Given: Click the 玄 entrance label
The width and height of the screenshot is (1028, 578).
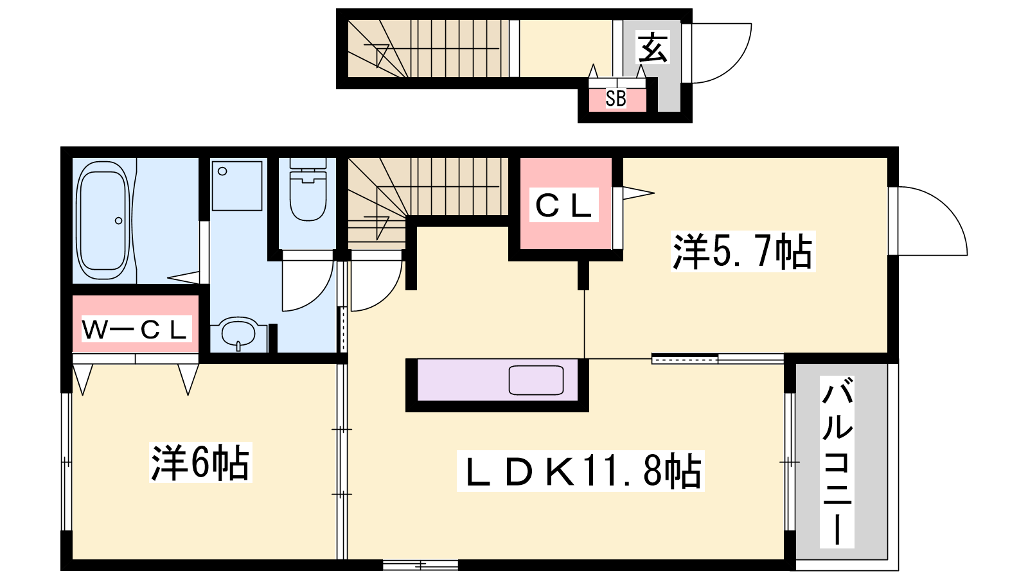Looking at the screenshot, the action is [653, 48].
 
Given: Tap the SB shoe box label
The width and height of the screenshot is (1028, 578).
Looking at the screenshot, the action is [616, 99].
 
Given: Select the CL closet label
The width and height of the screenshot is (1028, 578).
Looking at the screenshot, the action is [563, 205].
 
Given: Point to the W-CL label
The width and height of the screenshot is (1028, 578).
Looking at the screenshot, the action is [136, 328].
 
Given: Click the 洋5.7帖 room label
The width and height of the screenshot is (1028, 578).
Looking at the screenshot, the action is [743, 251].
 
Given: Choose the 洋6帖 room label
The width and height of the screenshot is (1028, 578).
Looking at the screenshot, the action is [200, 462].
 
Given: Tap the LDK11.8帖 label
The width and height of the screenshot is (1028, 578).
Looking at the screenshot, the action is [580, 471].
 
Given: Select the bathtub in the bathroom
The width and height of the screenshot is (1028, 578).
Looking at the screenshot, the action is [104, 220].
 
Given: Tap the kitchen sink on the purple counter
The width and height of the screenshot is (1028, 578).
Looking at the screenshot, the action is [536, 380].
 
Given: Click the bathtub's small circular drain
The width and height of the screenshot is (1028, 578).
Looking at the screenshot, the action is [118, 221].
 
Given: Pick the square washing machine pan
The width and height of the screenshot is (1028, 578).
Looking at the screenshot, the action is [237, 186].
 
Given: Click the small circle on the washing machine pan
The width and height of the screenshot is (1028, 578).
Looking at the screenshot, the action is [222, 171].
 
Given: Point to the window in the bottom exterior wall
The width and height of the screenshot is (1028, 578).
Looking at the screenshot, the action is [420, 565].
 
